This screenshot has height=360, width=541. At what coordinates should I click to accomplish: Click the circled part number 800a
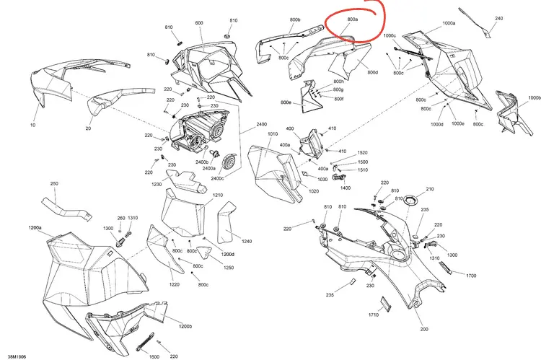(352, 19)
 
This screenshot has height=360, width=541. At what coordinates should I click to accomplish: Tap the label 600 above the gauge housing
(199, 23)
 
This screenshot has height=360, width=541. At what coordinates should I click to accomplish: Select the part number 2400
(262, 124)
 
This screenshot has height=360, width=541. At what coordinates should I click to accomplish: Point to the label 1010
(273, 134)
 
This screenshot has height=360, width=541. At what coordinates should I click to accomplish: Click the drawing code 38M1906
(17, 356)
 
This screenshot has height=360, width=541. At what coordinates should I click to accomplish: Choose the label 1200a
(35, 228)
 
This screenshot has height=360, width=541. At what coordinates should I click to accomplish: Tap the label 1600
(154, 356)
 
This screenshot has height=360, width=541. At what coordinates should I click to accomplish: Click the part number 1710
(374, 315)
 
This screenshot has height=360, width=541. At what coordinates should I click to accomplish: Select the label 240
(499, 18)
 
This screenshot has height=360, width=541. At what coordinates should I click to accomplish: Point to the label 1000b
(535, 97)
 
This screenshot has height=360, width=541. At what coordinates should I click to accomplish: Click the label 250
(54, 184)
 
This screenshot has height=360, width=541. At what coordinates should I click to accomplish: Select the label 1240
(247, 241)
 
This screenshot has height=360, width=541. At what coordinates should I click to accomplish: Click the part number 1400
(346, 188)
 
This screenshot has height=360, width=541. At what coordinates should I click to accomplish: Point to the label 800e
(286, 102)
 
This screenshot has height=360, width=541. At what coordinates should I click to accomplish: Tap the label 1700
(471, 276)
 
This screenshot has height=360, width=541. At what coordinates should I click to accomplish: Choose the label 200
(424, 329)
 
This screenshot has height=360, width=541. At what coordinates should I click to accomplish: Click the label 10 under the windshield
(32, 125)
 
